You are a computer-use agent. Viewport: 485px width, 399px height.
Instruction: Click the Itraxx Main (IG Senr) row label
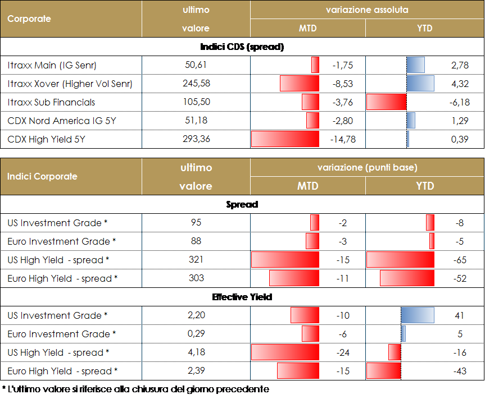52,66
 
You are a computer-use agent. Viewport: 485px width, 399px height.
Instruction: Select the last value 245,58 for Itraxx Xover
196,84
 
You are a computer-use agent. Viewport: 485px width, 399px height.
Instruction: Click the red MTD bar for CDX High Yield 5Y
285,139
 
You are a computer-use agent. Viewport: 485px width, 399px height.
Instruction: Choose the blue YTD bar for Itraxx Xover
420,84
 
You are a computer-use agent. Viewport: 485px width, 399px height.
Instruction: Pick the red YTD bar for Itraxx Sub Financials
386,102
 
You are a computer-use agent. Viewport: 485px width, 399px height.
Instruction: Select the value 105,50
196,102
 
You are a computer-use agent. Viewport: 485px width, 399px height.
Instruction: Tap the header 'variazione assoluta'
367,10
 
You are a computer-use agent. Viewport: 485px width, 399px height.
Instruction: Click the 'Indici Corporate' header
42,176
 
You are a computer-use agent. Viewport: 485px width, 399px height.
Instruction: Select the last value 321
196,260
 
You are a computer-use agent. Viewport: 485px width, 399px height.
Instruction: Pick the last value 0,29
196,334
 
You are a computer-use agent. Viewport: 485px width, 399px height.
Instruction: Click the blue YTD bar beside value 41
418,315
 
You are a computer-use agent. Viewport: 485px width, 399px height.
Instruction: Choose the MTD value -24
343,352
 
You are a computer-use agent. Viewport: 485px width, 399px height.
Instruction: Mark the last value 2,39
196,371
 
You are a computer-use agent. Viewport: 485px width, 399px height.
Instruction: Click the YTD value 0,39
459,139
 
